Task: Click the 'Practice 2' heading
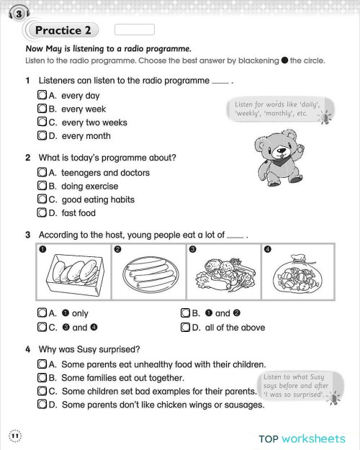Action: pos(63,30)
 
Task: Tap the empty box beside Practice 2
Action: pos(134,30)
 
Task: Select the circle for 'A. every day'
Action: pos(42,96)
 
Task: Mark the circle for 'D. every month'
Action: pos(42,135)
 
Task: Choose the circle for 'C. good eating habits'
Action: pos(42,199)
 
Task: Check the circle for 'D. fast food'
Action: pos(42,213)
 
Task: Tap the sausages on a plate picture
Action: pos(145,276)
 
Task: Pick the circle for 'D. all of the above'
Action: pos(186,328)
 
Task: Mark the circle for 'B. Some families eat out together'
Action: pos(42,377)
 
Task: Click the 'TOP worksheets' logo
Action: pos(302,437)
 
